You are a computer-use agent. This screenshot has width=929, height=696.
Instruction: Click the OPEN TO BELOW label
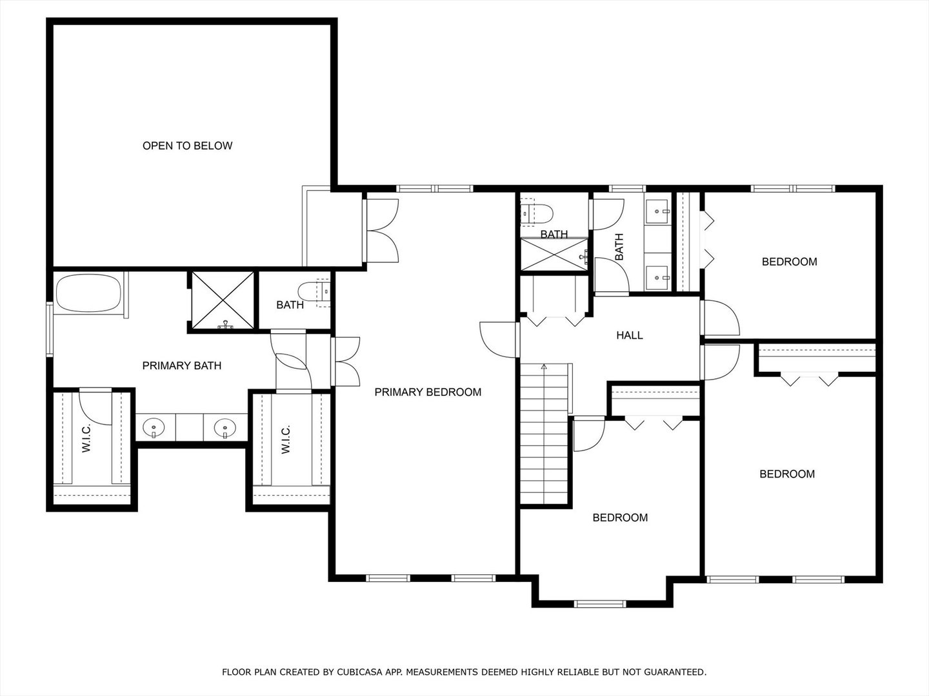pos(187,146)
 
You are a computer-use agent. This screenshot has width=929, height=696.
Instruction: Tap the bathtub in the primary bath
pos(88,294)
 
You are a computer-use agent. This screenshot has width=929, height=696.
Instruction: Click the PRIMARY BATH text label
pos(182,365)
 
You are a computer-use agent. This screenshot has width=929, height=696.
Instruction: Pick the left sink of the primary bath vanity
pos(154,427)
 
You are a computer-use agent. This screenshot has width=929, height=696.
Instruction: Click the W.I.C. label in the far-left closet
pos(87,439)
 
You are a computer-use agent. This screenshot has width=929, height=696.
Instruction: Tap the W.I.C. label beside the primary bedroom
pos(286,439)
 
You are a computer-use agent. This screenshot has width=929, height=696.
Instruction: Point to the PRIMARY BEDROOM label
pos(428,392)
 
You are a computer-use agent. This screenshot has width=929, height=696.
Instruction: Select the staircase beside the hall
pos(545,435)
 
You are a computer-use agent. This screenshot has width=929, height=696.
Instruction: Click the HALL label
pos(629,335)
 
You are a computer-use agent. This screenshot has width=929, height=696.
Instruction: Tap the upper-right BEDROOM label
pos(789,262)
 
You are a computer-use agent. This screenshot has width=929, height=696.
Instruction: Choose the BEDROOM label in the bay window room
pos(620,517)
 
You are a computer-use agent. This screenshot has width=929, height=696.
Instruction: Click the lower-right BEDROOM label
pos(786,474)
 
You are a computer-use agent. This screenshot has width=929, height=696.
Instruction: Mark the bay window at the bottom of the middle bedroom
pos(600,604)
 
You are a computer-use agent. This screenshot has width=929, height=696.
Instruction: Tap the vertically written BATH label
pos(619,247)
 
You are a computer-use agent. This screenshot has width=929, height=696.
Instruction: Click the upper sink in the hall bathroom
pos(657,211)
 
